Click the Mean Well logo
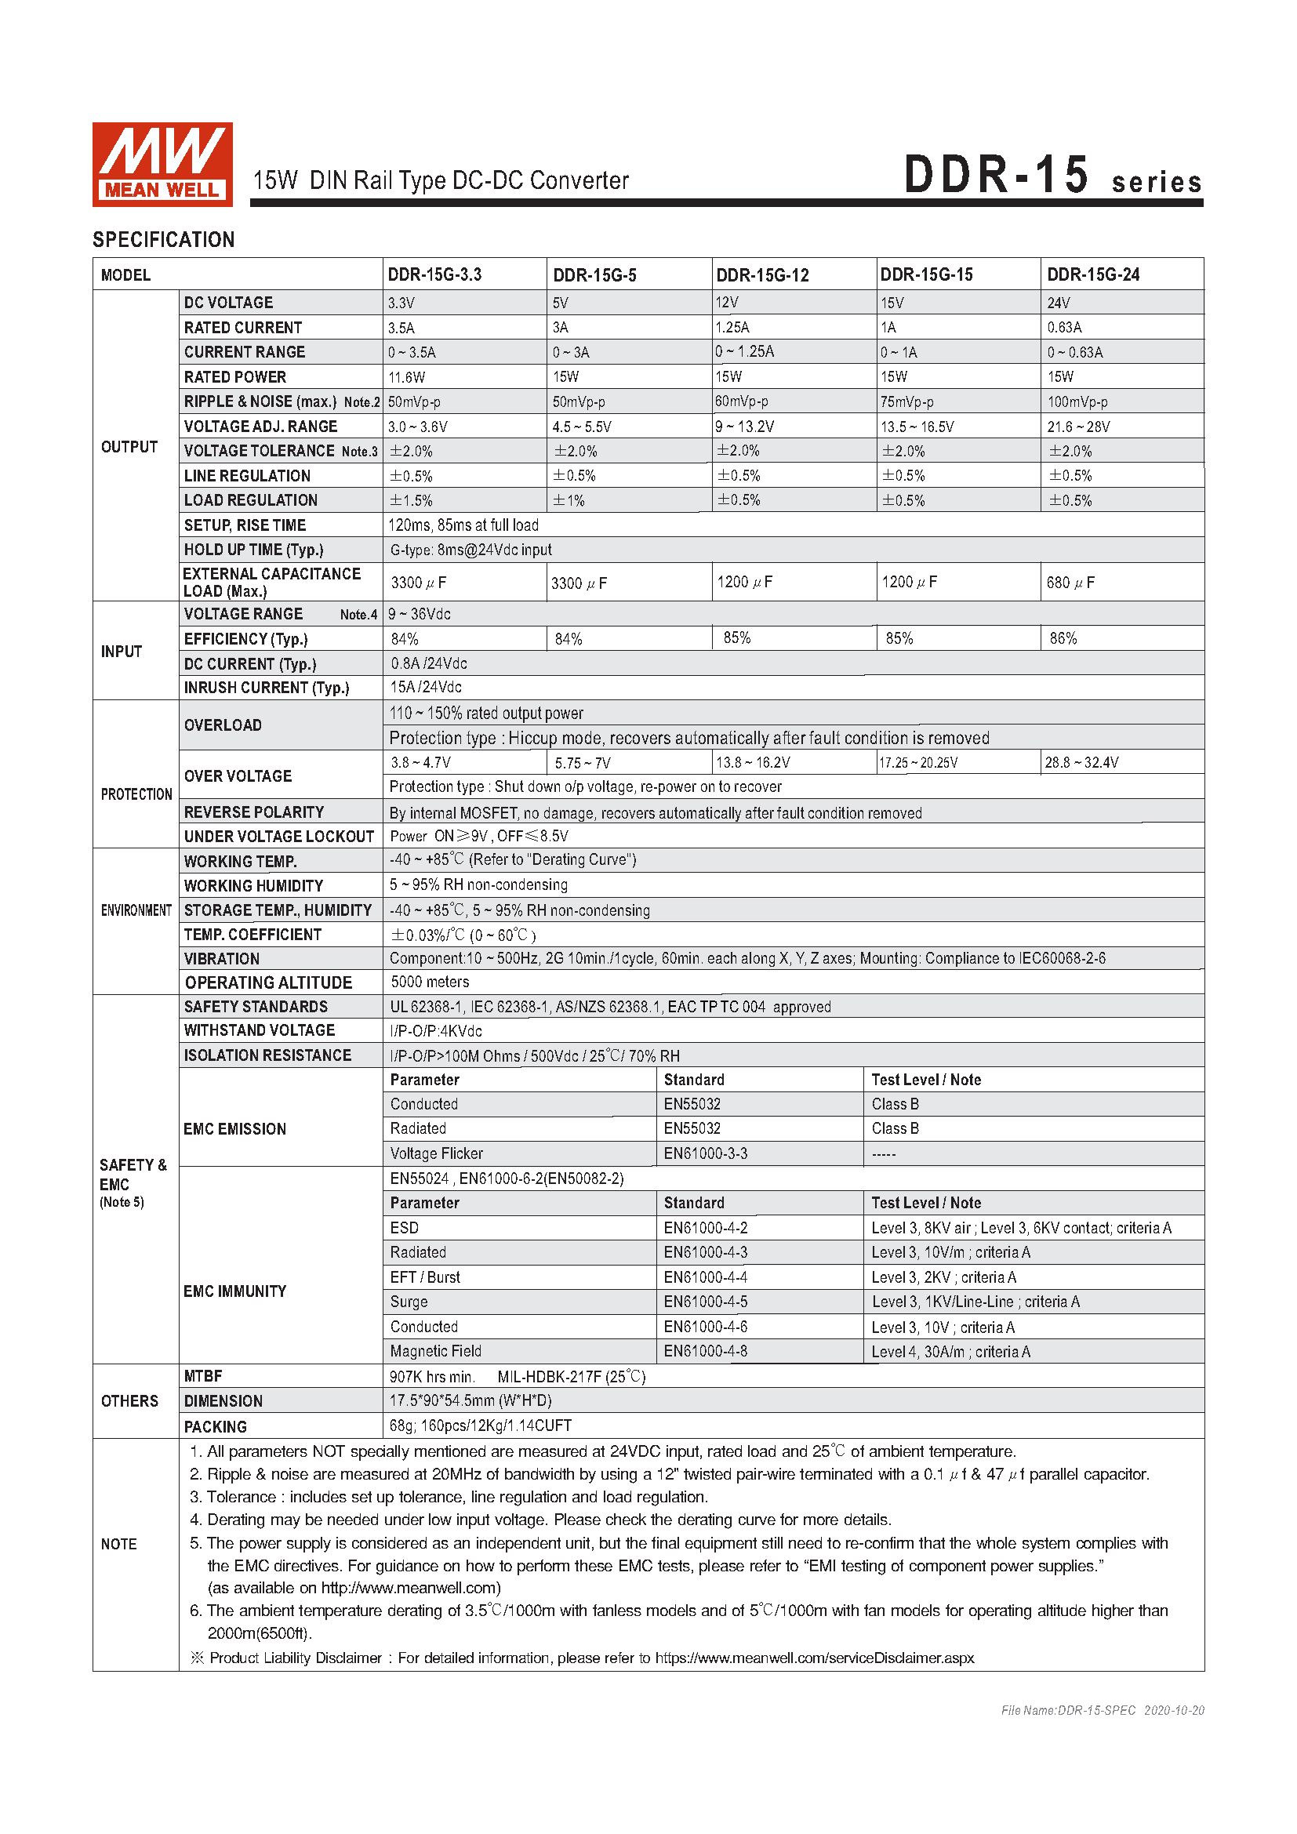tap(162, 165)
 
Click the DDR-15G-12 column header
tap(762, 275)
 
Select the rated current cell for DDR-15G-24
tap(1064, 328)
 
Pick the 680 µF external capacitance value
tap(1070, 583)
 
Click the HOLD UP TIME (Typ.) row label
tap(253, 550)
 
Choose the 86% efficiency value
tap(1063, 638)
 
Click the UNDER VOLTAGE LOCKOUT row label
tap(278, 837)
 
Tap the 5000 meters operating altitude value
tap(430, 982)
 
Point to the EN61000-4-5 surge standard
tap(705, 1302)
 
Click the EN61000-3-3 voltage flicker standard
tap(705, 1153)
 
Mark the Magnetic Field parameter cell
tap(435, 1351)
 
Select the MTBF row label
tap(203, 1375)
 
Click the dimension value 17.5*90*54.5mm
tap(470, 1400)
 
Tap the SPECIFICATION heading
tap(164, 240)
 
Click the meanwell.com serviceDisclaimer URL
tap(814, 1658)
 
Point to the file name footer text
tap(1102, 1710)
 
